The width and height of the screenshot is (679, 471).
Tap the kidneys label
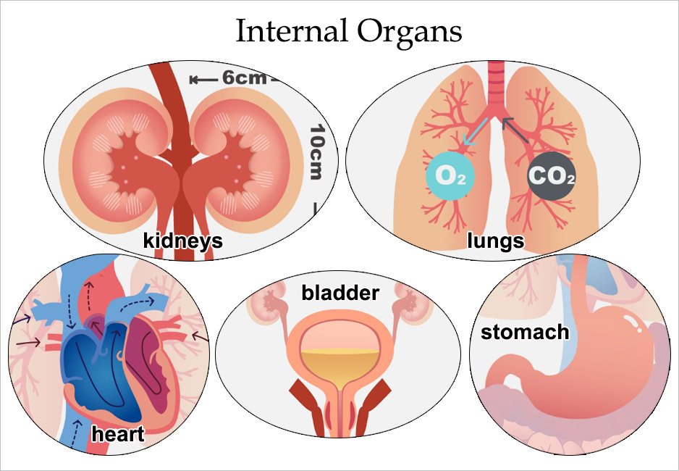[x=182, y=241]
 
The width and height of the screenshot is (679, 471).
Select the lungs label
[x=496, y=241]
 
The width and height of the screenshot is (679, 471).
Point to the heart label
[x=118, y=434]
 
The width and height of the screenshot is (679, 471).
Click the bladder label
[x=340, y=293]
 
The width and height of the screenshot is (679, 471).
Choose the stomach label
[x=525, y=333]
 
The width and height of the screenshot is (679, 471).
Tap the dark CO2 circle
[x=552, y=176]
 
